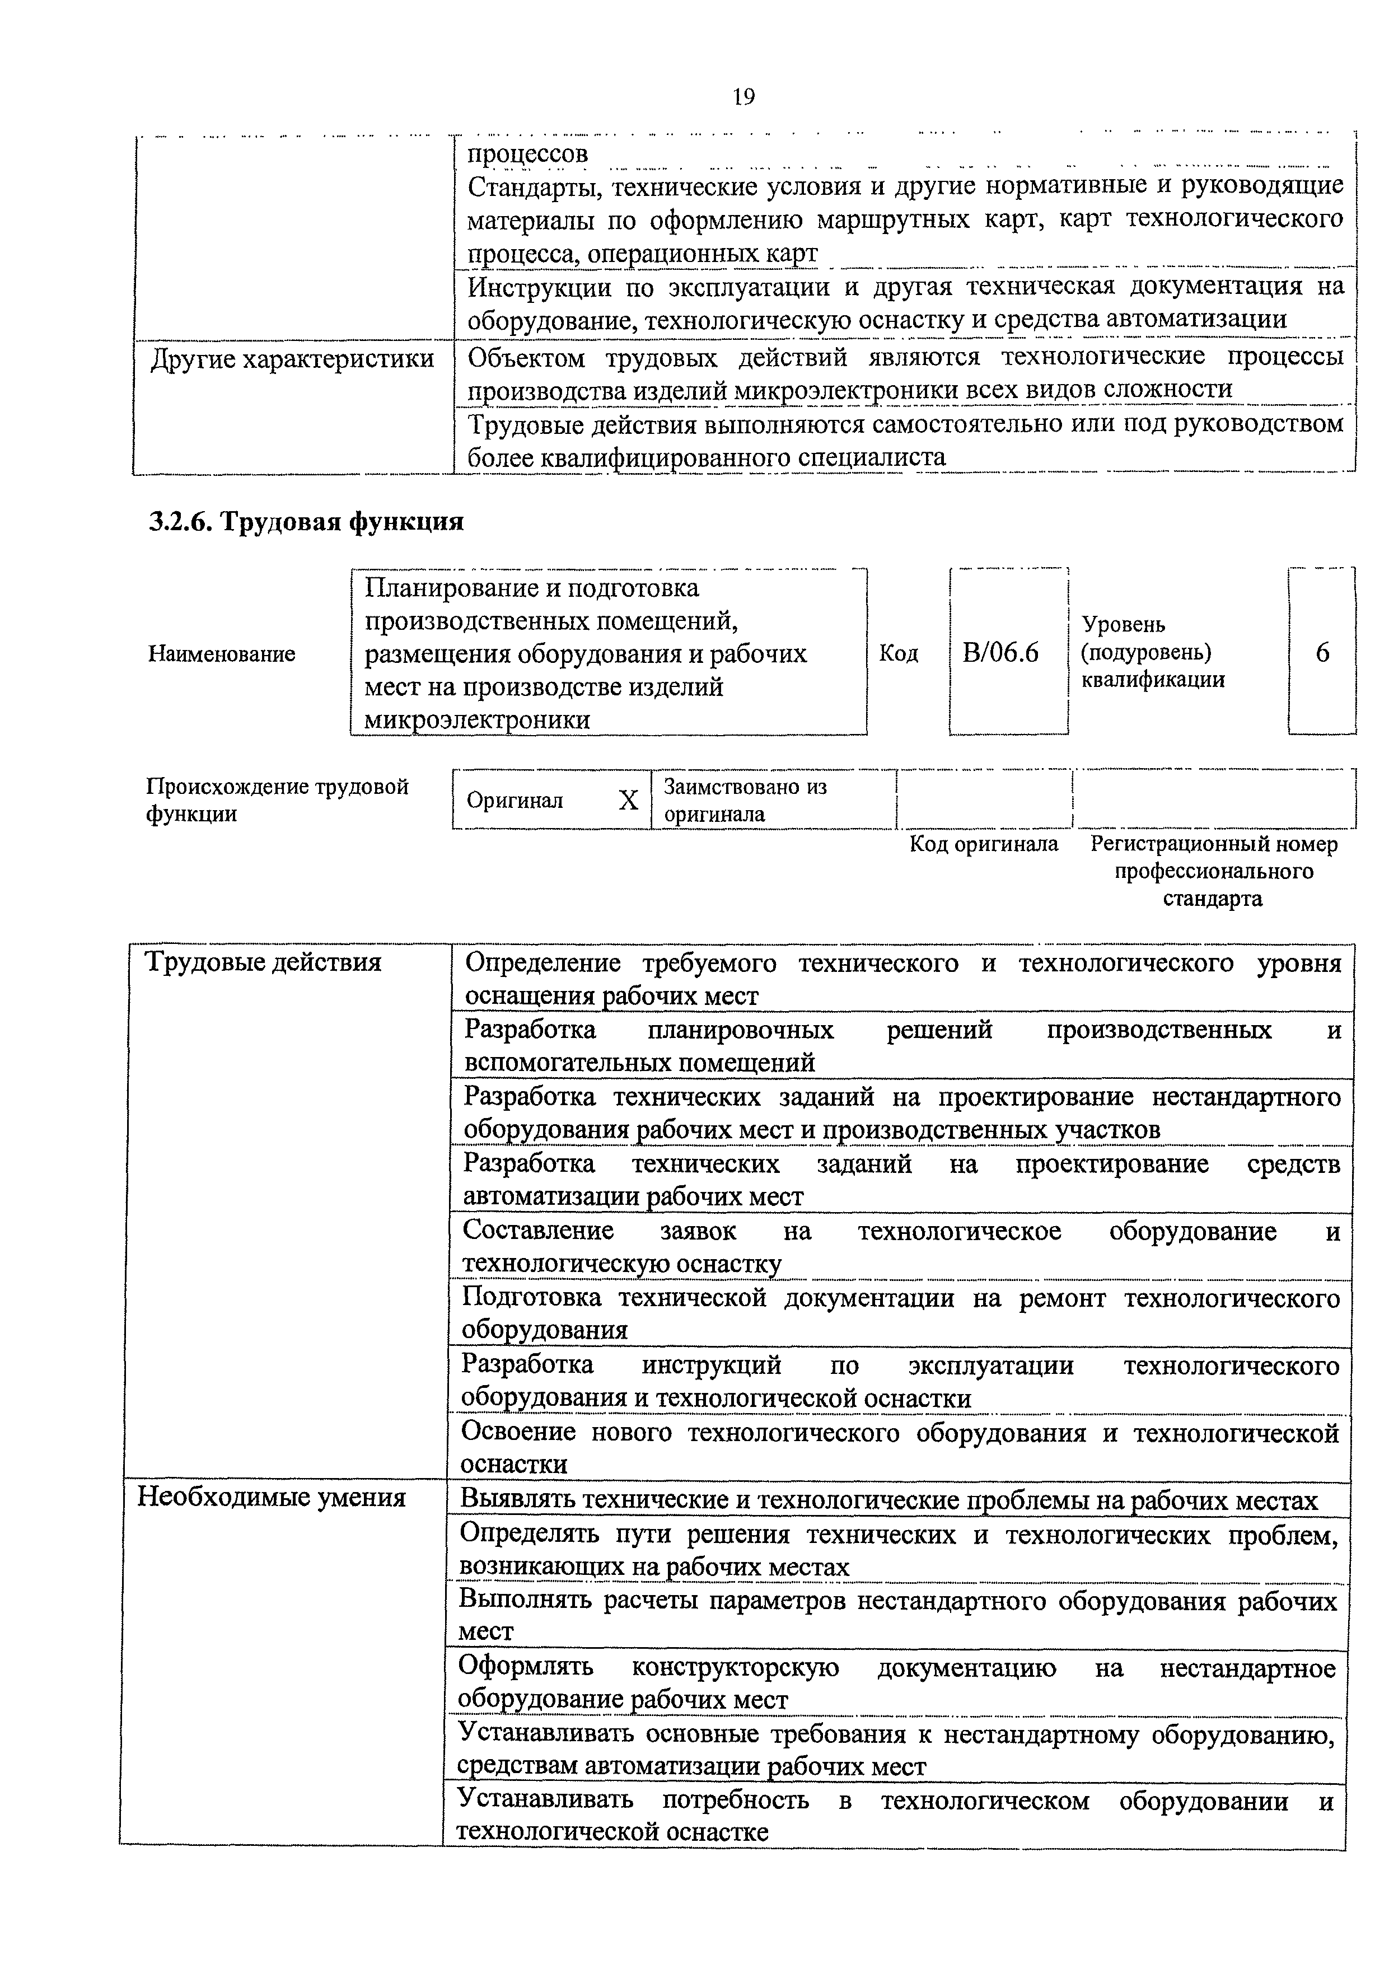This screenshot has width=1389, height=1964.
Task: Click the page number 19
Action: click(x=743, y=97)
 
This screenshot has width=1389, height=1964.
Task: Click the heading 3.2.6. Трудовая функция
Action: click(x=306, y=522)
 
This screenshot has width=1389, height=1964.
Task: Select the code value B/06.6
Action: click(x=1000, y=653)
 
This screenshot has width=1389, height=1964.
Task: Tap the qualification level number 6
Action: click(x=1322, y=653)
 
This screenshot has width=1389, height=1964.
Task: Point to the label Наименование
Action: click(x=222, y=654)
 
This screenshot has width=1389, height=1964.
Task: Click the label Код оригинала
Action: click(x=984, y=844)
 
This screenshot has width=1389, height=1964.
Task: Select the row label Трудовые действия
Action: click(x=264, y=962)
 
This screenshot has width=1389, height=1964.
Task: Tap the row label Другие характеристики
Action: click(x=292, y=359)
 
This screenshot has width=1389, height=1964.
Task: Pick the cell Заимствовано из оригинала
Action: click(x=745, y=800)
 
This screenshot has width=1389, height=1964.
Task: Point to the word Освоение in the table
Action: click(x=519, y=1433)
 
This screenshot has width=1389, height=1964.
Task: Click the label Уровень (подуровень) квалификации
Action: click(x=1152, y=653)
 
